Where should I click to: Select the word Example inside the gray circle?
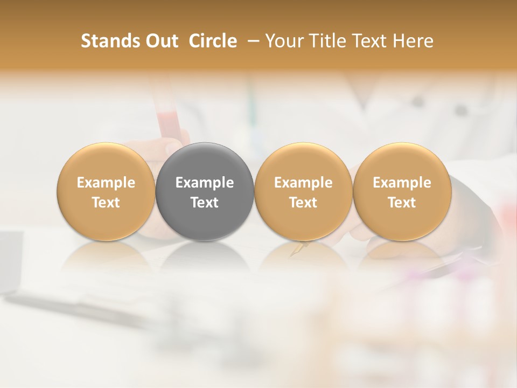pyautogui.click(x=205, y=183)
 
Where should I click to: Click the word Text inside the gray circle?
pyautogui.click(x=205, y=203)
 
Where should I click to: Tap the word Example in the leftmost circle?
pyautogui.click(x=106, y=183)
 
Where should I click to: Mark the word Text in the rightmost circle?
pyautogui.click(x=402, y=203)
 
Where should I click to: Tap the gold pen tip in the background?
pyautogui.click(x=297, y=249)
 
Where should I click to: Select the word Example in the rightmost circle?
pyautogui.click(x=402, y=183)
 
